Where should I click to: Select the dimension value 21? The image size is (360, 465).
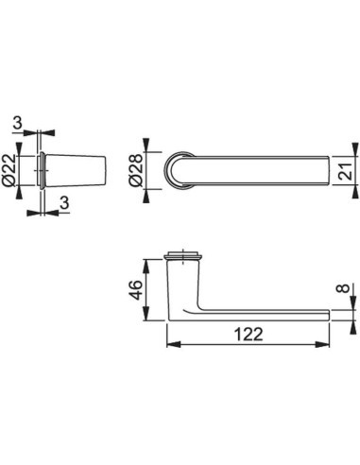tap(346, 171)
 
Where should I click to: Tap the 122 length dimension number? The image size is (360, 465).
tap(249, 335)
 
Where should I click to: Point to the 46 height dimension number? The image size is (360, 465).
tap(136, 289)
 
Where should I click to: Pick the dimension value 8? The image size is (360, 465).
tap(345, 288)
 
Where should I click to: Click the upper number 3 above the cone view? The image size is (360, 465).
tap(18, 123)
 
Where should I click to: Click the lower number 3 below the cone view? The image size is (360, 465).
tap(64, 203)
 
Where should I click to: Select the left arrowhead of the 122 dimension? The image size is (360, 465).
tap(174, 345)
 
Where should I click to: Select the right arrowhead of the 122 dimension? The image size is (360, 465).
tap(322, 345)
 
